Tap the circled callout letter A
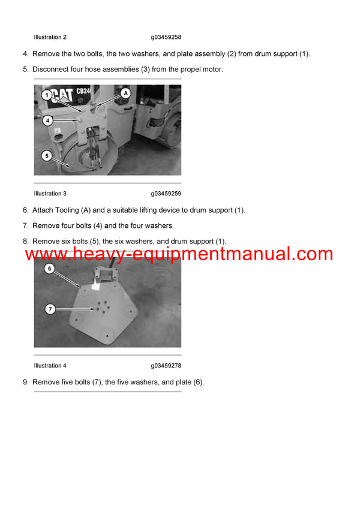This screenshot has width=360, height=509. pos(125,93)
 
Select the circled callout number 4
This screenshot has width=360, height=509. pos(47,120)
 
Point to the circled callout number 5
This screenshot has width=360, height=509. pos(46,156)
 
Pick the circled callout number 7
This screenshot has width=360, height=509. pos(50,309)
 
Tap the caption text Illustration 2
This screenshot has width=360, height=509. pos(50,37)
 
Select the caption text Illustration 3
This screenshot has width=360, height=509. pos(50,194)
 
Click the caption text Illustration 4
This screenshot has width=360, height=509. pos(50,366)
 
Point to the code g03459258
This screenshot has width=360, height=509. pos(166,37)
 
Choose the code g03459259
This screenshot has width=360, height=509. pos(166,194)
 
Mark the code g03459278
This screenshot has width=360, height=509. pos(166,366)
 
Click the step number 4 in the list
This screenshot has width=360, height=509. pos(25,54)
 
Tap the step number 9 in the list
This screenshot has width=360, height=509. pos(25,382)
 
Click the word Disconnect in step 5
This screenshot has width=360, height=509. pos(51,70)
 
